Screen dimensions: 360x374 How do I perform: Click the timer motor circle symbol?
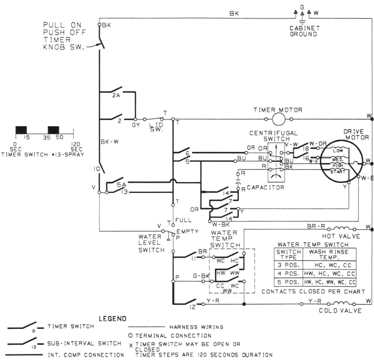278,119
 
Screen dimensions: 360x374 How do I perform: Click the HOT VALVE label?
341,236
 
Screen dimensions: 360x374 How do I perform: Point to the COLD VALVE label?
340,311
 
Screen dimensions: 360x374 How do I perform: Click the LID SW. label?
154,127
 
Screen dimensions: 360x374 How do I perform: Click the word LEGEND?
113,319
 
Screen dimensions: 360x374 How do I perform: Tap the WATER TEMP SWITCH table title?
313,244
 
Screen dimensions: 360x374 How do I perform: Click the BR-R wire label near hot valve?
316,226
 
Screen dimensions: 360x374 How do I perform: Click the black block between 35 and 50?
53,130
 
